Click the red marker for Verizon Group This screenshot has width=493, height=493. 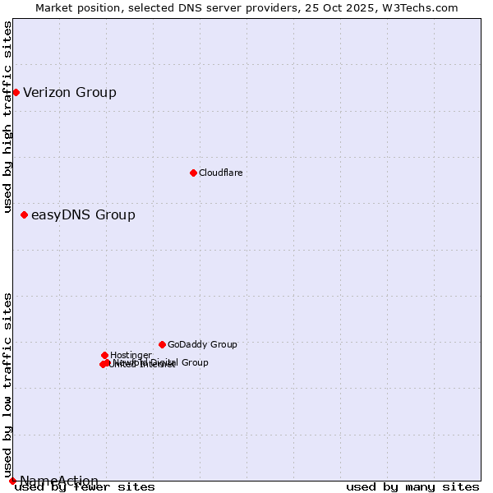pos(16,92)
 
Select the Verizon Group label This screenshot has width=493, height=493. pos(70,92)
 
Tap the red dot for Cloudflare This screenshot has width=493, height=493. pos(193,173)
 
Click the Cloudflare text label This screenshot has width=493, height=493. pos(220,173)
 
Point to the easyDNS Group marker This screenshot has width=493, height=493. pos(24,215)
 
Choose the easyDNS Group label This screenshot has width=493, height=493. pos(83,215)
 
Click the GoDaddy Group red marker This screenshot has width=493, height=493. pos(162,344)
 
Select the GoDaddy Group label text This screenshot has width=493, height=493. pos(202,345)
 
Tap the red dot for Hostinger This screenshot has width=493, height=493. pos(104,355)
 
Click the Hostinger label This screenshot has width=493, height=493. pos(131,355)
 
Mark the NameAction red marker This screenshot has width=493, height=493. pos(12,481)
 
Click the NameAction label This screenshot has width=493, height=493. pos(59,481)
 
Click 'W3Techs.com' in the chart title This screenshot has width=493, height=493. pos(423,7)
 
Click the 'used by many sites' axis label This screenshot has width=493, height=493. pos(412,487)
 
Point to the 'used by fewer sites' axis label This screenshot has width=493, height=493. pos(85,487)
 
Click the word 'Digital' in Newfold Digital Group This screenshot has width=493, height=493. pos(164,362)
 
